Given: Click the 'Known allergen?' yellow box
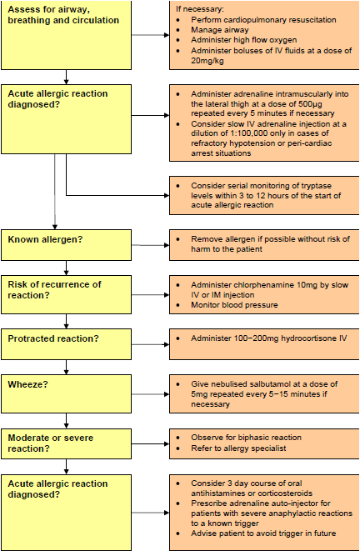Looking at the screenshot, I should point(66,243).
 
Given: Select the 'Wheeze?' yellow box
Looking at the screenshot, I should point(66,388).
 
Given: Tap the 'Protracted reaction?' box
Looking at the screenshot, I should point(66,341).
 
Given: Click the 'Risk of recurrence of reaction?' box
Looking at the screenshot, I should point(66,290).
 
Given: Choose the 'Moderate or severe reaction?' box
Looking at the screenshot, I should point(66,443).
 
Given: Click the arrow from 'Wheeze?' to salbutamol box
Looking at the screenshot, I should point(149,388).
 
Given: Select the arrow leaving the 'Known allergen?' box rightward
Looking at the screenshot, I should point(149,244).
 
